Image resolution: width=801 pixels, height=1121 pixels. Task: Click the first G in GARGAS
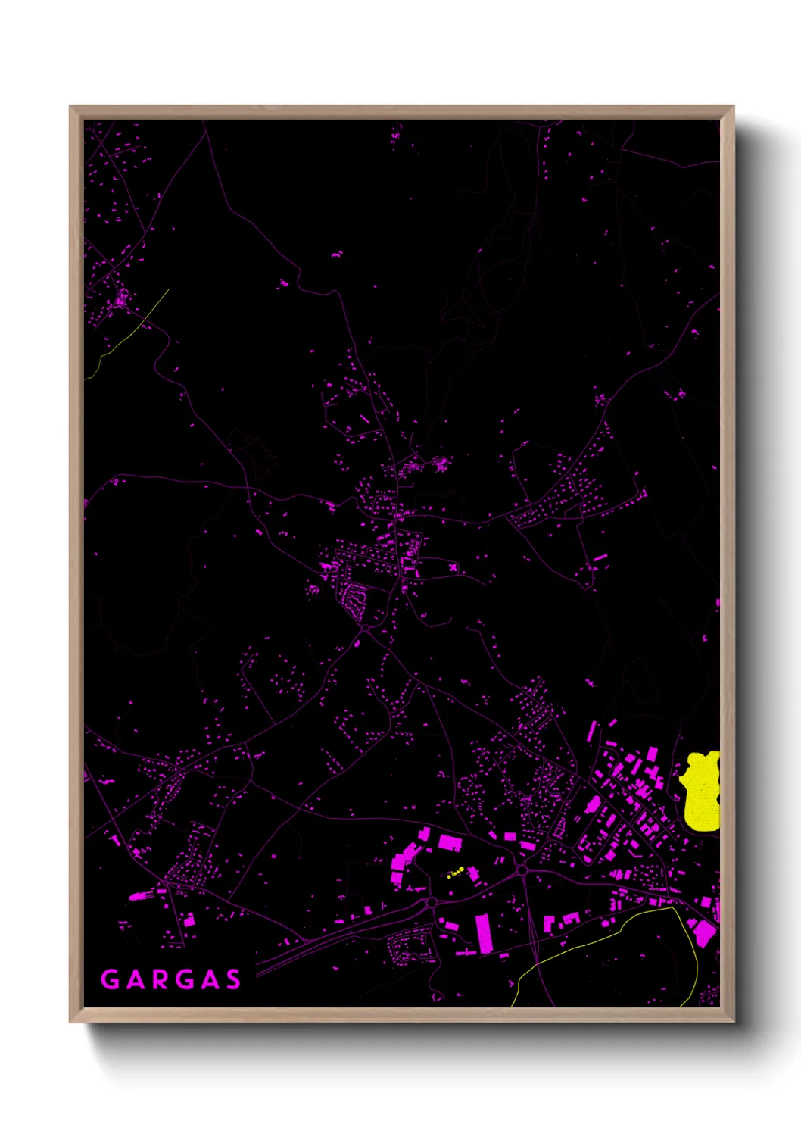(110, 979)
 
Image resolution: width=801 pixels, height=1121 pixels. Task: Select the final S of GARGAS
(232, 979)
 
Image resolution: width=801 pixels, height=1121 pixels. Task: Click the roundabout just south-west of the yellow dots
(431, 902)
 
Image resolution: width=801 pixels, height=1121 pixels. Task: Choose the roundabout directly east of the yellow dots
(522, 869)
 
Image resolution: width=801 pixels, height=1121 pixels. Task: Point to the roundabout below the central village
(365, 628)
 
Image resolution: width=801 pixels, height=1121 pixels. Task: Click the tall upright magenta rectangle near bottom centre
(483, 932)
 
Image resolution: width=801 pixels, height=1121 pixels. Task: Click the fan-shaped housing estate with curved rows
(354, 599)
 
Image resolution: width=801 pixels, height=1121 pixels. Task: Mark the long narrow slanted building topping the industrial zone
(592, 731)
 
